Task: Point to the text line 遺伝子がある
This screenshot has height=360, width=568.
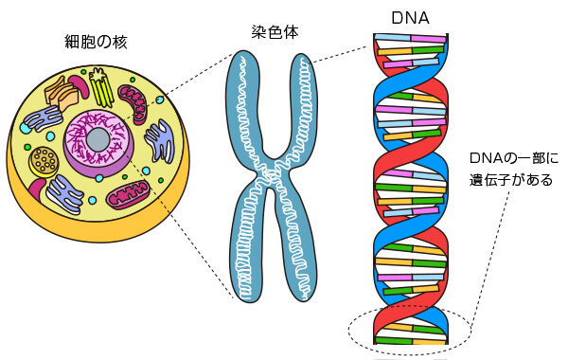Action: tap(514, 179)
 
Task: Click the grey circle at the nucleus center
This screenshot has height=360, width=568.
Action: tap(98, 141)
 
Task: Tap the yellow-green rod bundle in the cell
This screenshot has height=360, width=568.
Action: tap(102, 89)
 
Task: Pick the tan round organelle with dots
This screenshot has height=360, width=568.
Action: tap(43, 160)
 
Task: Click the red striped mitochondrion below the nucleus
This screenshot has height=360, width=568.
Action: tap(127, 196)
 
